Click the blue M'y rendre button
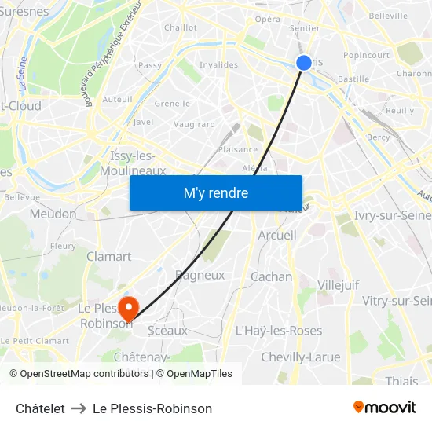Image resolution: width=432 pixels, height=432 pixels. tap(215, 192)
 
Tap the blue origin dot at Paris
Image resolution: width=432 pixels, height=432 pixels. tap(304, 63)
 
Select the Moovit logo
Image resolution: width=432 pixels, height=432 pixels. tap(384, 408)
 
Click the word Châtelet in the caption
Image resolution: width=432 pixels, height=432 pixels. tap(40, 408)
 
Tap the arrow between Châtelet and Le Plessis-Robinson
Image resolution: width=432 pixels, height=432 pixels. tap(79, 408)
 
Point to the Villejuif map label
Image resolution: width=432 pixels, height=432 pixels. tap(339, 284)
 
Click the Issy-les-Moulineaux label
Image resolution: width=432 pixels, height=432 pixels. tap(137, 163)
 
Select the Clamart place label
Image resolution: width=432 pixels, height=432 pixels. tap(108, 256)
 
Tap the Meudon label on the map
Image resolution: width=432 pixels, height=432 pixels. tap(53, 214)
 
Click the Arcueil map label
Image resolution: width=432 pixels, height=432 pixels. tap(277, 235)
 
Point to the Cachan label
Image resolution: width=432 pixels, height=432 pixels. tap(271, 276)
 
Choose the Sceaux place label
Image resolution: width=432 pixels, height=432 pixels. tap(167, 331)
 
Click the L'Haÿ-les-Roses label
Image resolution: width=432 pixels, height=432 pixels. tap(279, 331)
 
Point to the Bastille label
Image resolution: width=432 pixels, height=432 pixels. tap(353, 79)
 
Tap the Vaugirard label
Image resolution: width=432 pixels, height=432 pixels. tap(193, 124)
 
